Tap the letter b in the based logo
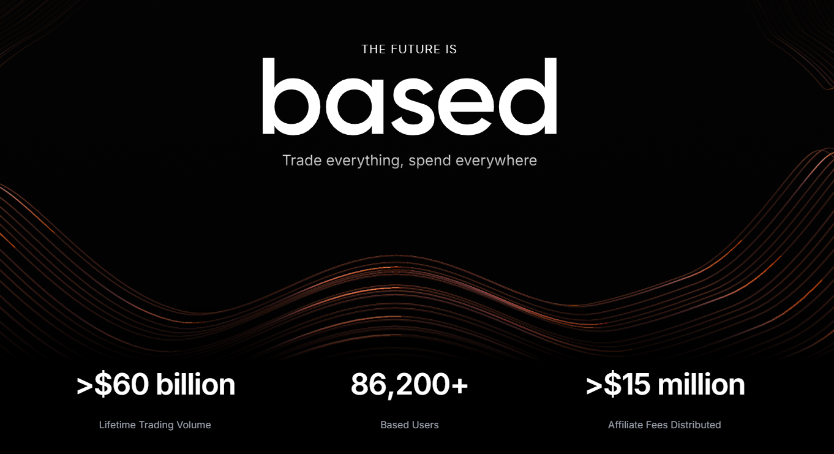click(290, 98)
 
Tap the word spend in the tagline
click(431, 161)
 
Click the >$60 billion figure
click(156, 385)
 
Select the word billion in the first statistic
click(195, 385)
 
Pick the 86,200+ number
click(409, 385)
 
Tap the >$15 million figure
click(665, 385)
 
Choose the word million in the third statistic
click(702, 385)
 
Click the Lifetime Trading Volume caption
click(155, 425)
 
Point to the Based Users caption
click(409, 425)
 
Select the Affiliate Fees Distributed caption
click(664, 425)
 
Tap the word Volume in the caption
click(194, 425)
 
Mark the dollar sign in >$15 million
click(612, 385)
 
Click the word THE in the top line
click(374, 49)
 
